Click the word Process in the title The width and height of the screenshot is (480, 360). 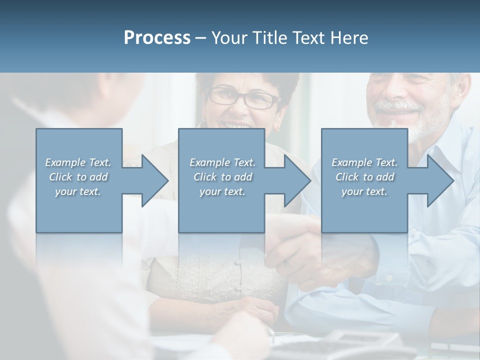(x=157, y=37)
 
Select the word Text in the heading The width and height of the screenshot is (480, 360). (x=309, y=37)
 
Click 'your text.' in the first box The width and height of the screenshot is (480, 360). (x=78, y=191)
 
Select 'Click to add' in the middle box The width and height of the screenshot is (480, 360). (x=222, y=177)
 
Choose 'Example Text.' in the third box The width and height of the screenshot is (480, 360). (x=364, y=162)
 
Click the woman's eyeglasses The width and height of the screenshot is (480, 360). (x=245, y=98)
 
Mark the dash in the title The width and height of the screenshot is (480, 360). (x=201, y=38)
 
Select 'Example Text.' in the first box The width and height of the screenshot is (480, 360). (x=78, y=162)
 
